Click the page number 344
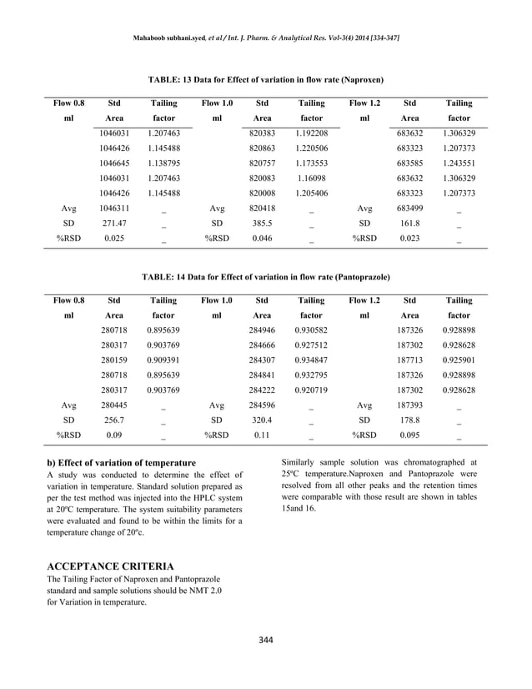click(265, 640)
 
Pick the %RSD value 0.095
click(409, 435)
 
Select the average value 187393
click(409, 405)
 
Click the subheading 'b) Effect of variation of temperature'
click(124, 463)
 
